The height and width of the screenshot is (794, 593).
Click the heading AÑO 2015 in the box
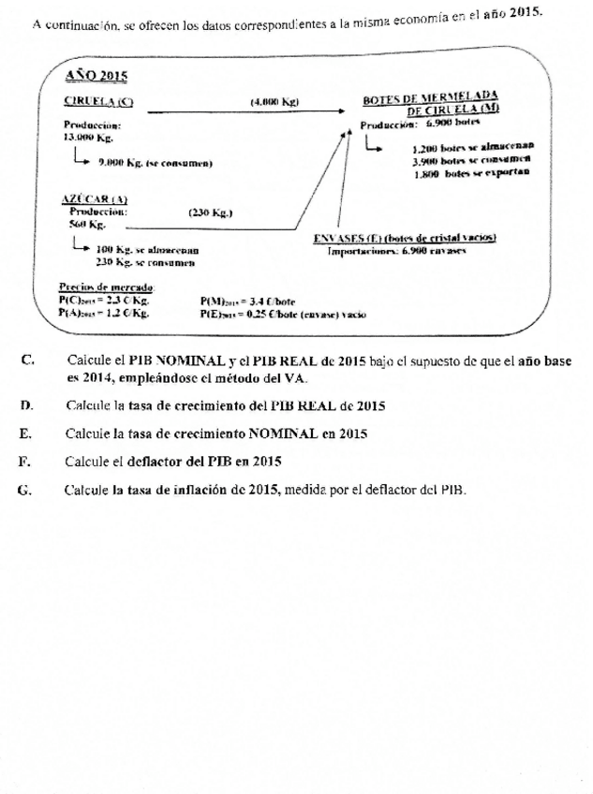click(x=98, y=74)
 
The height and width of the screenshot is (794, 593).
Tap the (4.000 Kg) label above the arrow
click(x=274, y=101)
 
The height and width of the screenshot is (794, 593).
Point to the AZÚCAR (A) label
click(x=94, y=199)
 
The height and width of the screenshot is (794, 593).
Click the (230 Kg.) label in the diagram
click(x=211, y=213)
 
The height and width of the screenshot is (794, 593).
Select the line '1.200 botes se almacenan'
click(x=470, y=148)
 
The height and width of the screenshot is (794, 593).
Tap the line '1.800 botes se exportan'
click(x=470, y=173)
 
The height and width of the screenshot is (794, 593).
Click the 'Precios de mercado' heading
click(x=106, y=287)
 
